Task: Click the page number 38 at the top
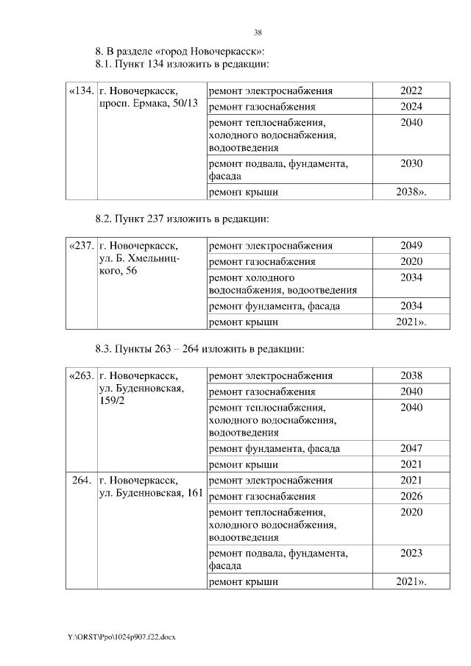(258, 32)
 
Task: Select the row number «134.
(80, 91)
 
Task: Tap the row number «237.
(80, 246)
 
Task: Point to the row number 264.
(81, 481)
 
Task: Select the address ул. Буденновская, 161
(150, 493)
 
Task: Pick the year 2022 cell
(411, 91)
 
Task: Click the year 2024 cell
(411, 107)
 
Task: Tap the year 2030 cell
(411, 164)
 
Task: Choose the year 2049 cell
(411, 246)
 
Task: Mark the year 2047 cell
(411, 448)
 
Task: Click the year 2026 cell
(411, 496)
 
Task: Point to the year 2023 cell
(411, 553)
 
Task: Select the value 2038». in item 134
(411, 192)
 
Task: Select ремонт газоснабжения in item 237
(262, 261)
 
